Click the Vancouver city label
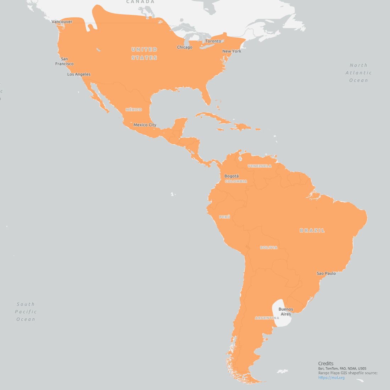(62, 22)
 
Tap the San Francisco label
(64, 61)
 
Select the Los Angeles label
(79, 74)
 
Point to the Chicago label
(184, 47)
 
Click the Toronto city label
(213, 41)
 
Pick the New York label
(232, 51)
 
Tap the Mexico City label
(145, 125)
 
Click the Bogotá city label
(232, 176)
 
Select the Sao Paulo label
(326, 273)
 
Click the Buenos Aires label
(286, 312)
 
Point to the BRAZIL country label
(312, 230)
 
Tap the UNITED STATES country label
(144, 54)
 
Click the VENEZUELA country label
(260, 166)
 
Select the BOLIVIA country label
(269, 247)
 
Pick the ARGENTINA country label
(267, 318)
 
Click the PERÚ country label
(225, 217)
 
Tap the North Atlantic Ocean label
(358, 73)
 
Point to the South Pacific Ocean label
(26, 312)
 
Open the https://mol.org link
(331, 378)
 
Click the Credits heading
(326, 363)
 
